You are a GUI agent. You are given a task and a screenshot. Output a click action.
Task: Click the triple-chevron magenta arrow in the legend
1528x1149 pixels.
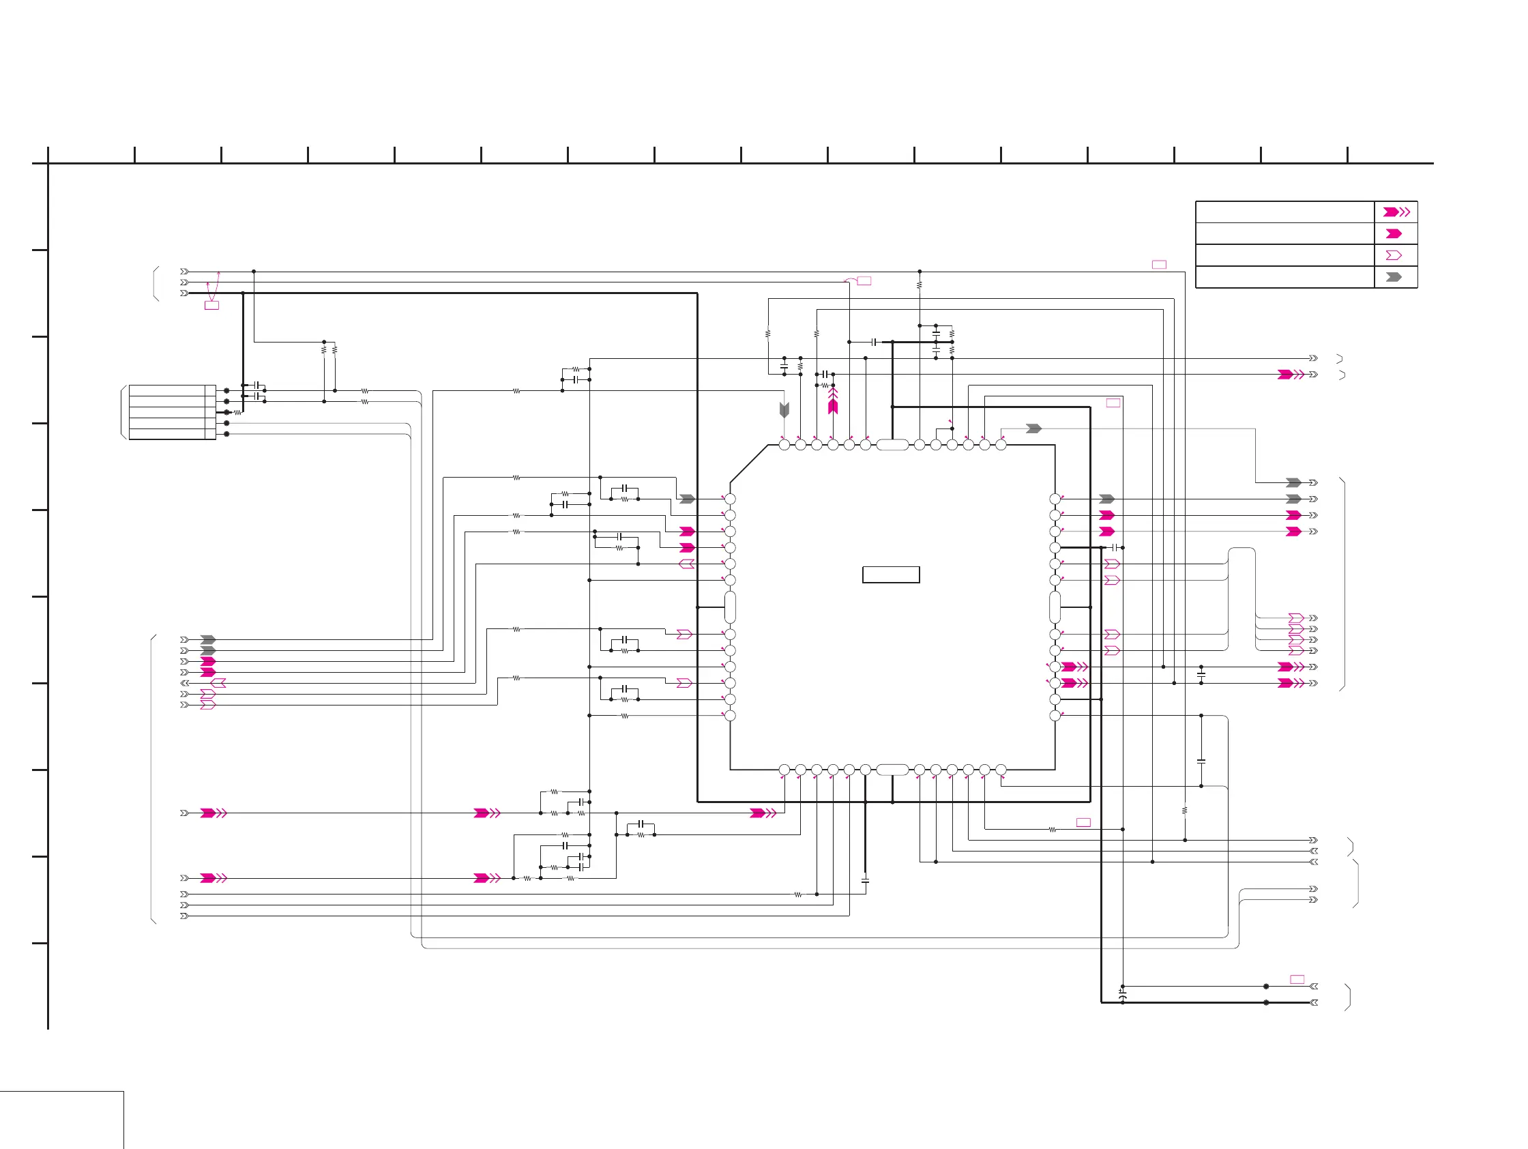click(x=1396, y=212)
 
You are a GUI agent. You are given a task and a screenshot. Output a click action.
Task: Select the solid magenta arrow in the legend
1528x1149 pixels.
click(x=1394, y=233)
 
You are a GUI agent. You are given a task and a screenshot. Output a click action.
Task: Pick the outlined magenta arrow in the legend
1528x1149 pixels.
click(x=1394, y=256)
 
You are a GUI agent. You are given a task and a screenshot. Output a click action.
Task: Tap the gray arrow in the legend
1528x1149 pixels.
click(x=1394, y=277)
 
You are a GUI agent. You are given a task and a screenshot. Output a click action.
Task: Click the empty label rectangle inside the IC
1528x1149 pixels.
click(x=890, y=575)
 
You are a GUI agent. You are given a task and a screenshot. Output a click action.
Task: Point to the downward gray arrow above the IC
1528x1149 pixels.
click(x=784, y=409)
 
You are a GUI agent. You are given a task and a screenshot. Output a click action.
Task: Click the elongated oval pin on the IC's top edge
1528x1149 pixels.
click(x=892, y=445)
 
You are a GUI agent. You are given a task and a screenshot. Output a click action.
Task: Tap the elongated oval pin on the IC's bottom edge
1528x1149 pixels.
click(x=892, y=770)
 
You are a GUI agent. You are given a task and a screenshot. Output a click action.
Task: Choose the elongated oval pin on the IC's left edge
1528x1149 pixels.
click(x=730, y=607)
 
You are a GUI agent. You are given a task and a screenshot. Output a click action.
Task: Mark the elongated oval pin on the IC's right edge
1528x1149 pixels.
click(x=1055, y=607)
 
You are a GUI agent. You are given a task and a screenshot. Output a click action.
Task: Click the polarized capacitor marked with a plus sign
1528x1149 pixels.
click(x=1123, y=995)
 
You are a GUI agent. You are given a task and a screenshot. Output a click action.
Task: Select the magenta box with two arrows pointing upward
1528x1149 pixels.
click(x=212, y=306)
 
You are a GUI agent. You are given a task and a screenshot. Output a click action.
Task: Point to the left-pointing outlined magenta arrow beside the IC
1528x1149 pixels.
click(x=687, y=564)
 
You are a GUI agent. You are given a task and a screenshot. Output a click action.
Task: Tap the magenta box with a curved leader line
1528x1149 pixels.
click(x=864, y=281)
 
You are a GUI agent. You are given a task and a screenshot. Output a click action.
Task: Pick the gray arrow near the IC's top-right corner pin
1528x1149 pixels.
click(x=1033, y=429)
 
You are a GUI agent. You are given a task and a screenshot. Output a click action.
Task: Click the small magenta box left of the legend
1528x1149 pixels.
click(x=1159, y=265)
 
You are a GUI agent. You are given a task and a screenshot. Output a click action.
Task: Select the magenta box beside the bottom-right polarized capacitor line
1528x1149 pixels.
click(x=1297, y=980)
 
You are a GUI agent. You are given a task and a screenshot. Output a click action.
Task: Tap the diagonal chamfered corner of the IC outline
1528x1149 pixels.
click(x=749, y=463)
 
